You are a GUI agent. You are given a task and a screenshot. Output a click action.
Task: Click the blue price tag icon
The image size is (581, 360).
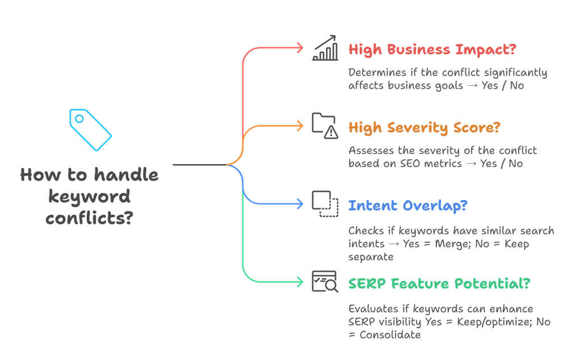click(90, 129)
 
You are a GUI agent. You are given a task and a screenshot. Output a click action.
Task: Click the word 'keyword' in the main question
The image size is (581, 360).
click(89, 196)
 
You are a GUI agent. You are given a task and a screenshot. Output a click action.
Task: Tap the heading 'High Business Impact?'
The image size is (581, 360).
click(432, 49)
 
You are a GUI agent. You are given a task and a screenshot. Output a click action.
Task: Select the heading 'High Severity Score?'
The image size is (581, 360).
click(424, 127)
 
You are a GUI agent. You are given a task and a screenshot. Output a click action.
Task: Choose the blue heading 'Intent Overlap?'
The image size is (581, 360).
click(407, 205)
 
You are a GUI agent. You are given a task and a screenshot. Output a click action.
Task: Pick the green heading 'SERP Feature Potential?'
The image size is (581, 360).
click(439, 283)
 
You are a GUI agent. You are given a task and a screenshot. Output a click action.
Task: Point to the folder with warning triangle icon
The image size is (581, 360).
click(325, 126)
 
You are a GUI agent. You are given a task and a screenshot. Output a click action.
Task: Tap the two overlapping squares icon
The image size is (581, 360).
click(325, 203)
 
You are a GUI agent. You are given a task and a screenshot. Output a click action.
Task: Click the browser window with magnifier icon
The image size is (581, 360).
click(325, 282)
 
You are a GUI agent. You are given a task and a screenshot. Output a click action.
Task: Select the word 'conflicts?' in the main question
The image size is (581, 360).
click(89, 218)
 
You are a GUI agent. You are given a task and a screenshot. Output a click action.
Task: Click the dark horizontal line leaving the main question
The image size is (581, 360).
click(199, 165)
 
